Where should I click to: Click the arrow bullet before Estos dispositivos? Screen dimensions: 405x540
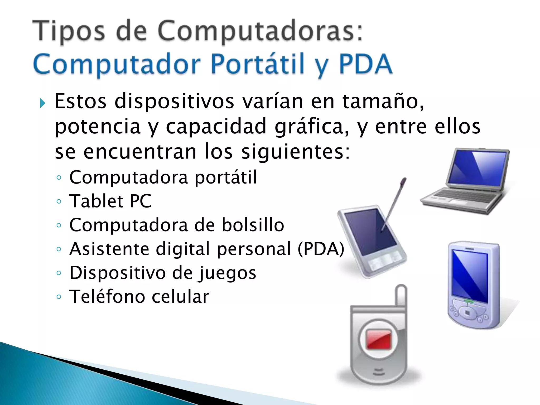click(42, 103)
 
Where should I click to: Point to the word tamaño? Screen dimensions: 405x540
click(383, 102)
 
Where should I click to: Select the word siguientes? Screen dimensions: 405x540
click(296, 152)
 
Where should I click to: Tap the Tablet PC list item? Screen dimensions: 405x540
click(110, 201)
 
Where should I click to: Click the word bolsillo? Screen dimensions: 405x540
click(253, 225)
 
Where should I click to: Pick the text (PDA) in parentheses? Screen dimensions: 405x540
click(321, 249)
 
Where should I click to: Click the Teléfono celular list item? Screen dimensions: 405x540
click(139, 297)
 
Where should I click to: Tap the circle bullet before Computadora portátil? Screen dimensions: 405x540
click(59, 177)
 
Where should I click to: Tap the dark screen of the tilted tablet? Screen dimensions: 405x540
click(369, 232)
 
